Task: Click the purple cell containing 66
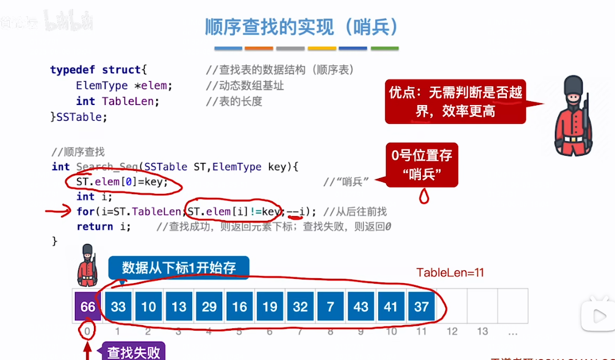pos(88,306)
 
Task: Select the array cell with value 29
pos(209,306)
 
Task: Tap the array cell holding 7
pos(330,306)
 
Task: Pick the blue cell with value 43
pos(361,306)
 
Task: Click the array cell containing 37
pos(421,306)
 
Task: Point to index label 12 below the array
pos(451,331)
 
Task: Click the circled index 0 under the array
pos(88,331)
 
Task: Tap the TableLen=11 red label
pos(450,273)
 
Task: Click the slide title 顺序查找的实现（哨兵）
pos(302,26)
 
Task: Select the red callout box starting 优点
pos(455,101)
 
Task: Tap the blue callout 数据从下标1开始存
pos(178,267)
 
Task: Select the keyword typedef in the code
pos(73,70)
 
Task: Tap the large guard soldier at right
pos(573,118)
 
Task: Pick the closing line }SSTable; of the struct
pos(79,117)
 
